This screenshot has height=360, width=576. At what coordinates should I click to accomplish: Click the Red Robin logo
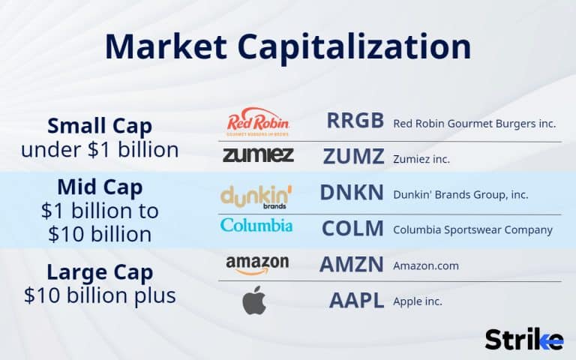pos(257,122)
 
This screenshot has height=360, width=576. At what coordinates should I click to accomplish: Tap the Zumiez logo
pos(258,155)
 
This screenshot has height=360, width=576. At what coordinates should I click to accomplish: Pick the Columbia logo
pos(256,225)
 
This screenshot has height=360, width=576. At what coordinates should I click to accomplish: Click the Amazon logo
pos(257,265)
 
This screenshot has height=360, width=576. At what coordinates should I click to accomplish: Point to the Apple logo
pos(254,301)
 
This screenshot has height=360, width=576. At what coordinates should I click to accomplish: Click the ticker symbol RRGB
pos(355,121)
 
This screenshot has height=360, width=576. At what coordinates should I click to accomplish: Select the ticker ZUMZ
pos(353,156)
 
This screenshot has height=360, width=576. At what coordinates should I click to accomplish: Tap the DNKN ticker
pos(352,193)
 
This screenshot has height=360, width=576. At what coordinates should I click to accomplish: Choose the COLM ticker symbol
pos(352,229)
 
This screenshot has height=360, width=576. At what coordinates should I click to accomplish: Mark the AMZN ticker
pos(352,265)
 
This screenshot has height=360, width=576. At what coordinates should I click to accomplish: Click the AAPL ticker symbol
pos(356,301)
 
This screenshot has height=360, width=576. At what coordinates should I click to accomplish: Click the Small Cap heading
pos(100,124)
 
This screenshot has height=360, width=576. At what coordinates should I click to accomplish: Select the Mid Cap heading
pos(100,186)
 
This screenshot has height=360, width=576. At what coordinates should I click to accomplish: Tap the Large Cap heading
pos(100,271)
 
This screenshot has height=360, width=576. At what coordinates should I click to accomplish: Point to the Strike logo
pos(523,339)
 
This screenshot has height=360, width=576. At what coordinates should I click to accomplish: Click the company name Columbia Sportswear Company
pos(472,229)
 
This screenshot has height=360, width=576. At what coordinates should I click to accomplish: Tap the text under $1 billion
pos(100,149)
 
